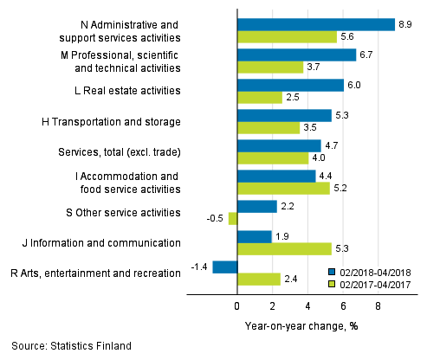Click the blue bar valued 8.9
(315, 24)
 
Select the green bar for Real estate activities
(259, 97)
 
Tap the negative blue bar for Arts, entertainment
(224, 267)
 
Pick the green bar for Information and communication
(283, 248)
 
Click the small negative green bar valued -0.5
(232, 218)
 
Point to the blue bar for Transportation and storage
(283, 115)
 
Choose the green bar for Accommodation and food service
(282, 188)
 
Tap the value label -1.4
(198, 267)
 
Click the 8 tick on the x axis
(378, 305)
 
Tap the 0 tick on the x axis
(236, 305)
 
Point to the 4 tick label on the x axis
(307, 305)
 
